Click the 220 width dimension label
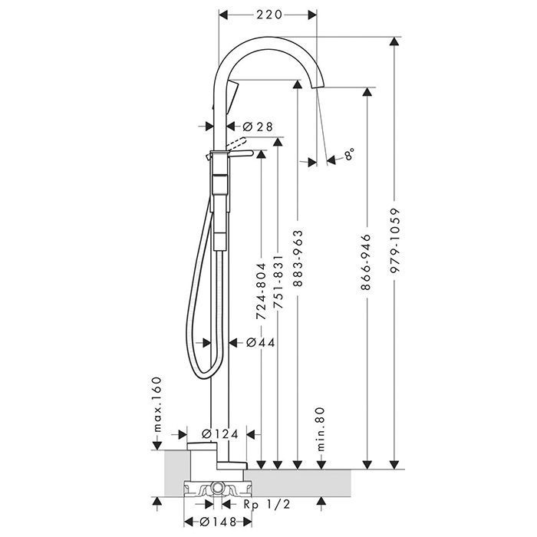coord(268,14)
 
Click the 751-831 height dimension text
coord(279,288)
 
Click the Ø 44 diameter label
coord(261,343)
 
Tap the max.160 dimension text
coord(156,404)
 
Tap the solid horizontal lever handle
coord(242,155)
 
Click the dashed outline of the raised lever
coord(238,143)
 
